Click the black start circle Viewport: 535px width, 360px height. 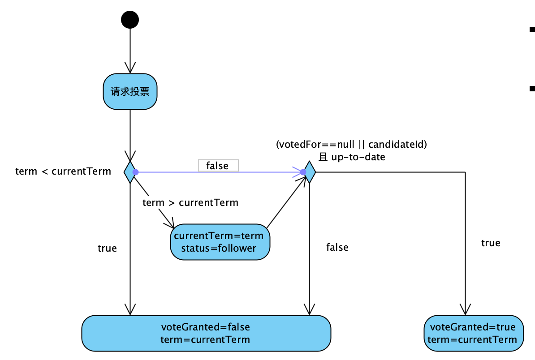[x=130, y=20]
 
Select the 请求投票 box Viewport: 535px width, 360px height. [x=130, y=91]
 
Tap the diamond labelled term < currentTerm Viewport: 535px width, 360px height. [x=129, y=172]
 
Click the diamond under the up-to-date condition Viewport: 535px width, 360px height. [x=309, y=172]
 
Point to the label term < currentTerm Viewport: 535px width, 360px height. [x=63, y=171]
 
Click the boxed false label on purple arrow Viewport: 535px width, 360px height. [x=218, y=166]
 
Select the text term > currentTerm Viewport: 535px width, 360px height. [x=190, y=202]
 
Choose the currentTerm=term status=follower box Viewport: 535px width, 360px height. [x=220, y=242]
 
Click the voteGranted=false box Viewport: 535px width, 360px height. [x=206, y=333]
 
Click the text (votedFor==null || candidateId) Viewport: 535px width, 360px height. [x=351, y=145]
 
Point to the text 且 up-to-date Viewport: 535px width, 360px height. [x=351, y=157]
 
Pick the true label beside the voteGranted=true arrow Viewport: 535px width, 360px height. [x=491, y=243]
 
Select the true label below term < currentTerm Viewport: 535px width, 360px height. [x=107, y=248]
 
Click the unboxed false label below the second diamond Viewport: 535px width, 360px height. [x=337, y=247]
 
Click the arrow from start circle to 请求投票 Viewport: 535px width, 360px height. [x=130, y=49]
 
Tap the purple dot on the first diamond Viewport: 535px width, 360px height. [x=135, y=172]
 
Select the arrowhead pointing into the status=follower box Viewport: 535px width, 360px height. [x=170, y=224]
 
